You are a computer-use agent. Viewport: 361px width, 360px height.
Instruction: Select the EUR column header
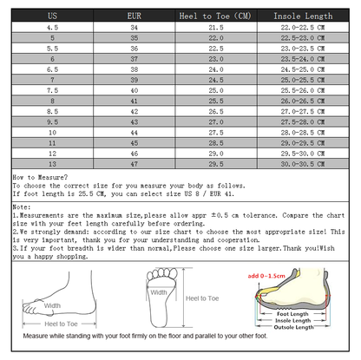click(x=134, y=16)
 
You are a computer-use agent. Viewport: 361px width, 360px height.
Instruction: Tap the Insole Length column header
click(x=303, y=16)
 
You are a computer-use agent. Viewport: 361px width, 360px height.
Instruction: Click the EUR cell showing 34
click(x=134, y=28)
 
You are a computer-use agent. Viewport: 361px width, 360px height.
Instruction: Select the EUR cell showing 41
click(x=134, y=101)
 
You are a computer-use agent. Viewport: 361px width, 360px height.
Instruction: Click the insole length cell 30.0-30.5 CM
click(x=303, y=162)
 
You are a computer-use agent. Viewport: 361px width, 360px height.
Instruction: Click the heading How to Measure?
click(x=36, y=176)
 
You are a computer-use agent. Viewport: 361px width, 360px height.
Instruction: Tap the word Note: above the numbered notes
click(x=22, y=208)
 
